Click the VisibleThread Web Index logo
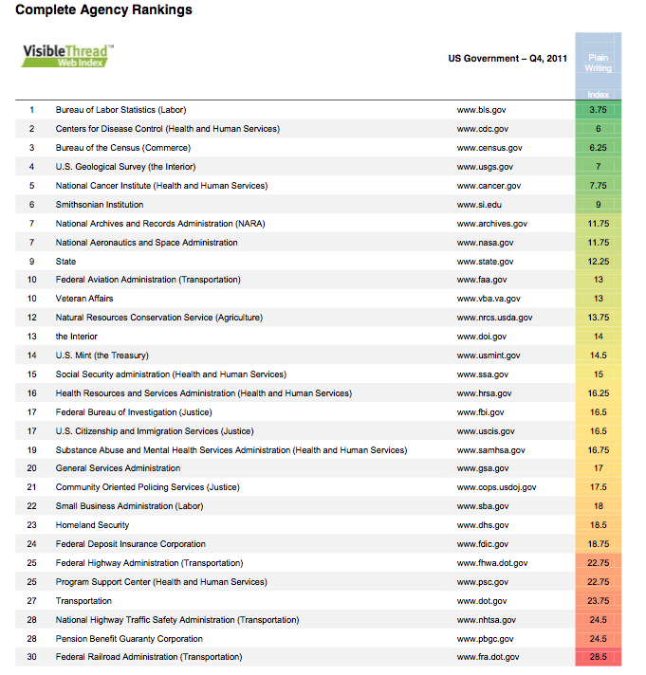pyautogui.click(x=67, y=55)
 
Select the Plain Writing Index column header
pyautogui.click(x=598, y=64)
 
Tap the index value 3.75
pyautogui.click(x=598, y=110)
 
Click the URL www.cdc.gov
pyautogui.click(x=482, y=129)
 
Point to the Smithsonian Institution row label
pyautogui.click(x=100, y=205)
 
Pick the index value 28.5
pyautogui.click(x=598, y=657)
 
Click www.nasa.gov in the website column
pyautogui.click(x=485, y=243)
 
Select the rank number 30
pyautogui.click(x=32, y=657)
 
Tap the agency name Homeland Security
pyautogui.click(x=93, y=525)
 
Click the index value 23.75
pyautogui.click(x=598, y=601)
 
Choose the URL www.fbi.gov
pyautogui.click(x=481, y=412)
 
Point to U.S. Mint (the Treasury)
pyautogui.click(x=102, y=356)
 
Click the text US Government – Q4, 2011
pyautogui.click(x=508, y=59)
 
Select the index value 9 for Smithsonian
pyautogui.click(x=598, y=205)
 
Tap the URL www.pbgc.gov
pyautogui.click(x=485, y=639)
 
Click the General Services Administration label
pyautogui.click(x=118, y=468)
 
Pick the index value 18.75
pyautogui.click(x=598, y=544)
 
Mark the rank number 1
pyautogui.click(x=32, y=110)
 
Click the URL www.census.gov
pyautogui.click(x=489, y=148)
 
